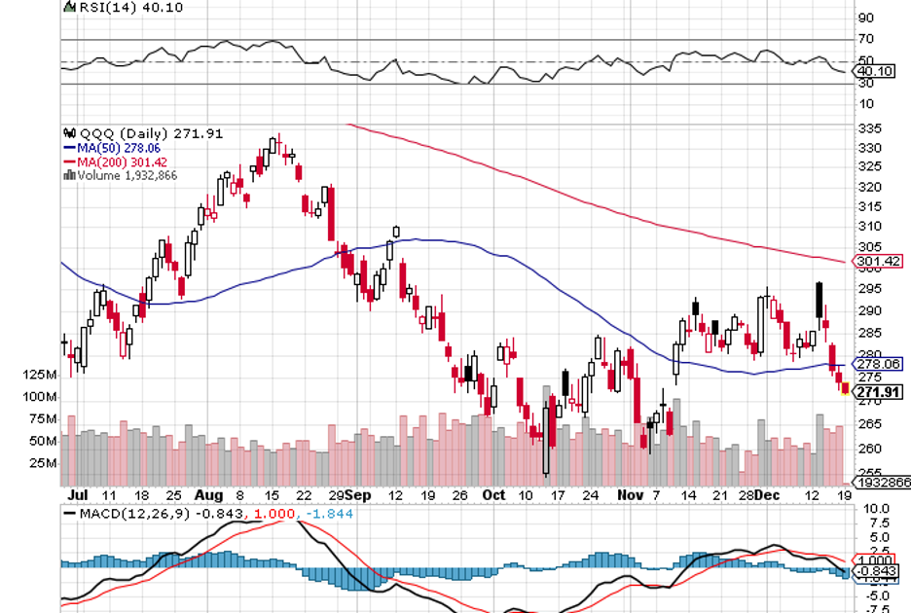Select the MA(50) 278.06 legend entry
coord(105,148)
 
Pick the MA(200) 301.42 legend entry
coord(108,162)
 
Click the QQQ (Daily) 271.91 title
coord(128,133)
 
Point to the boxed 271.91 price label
coord(878,392)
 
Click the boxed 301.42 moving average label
coord(879,261)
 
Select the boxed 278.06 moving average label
coord(879,364)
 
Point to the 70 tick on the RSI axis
coord(865,40)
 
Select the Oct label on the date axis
coord(493,494)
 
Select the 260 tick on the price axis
coord(870,449)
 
